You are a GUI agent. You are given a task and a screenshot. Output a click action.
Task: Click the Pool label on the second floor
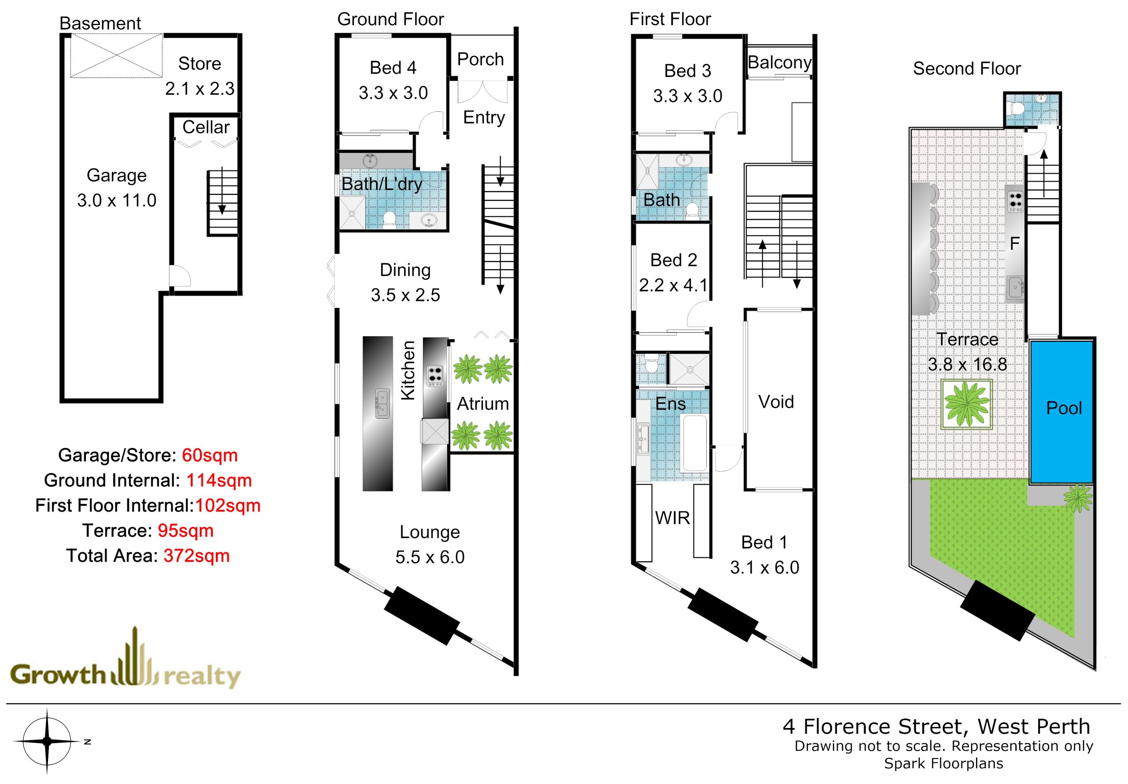coord(1064,408)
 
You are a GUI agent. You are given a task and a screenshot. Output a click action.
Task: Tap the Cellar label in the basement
coord(206,127)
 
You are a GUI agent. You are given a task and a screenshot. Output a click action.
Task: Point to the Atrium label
coord(483,404)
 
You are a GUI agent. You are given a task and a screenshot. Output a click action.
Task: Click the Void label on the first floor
coord(776,402)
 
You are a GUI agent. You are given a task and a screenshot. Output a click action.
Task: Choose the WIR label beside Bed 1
coord(672,518)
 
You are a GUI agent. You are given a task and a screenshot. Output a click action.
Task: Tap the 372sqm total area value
coord(197,556)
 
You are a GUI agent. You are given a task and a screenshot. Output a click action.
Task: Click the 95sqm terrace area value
coord(186,531)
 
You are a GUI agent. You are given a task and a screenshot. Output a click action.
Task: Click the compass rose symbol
coord(47,741)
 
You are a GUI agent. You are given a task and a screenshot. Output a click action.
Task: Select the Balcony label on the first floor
coord(779,63)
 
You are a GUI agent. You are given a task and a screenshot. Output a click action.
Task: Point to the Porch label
coord(480,59)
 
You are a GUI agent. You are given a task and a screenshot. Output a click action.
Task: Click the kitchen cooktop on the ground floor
coord(435,375)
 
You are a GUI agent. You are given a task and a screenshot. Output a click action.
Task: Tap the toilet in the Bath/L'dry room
coord(390,219)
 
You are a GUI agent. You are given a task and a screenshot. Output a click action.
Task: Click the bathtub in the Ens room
coord(694,444)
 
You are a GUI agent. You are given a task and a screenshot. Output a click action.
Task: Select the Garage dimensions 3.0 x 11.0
coord(117,201)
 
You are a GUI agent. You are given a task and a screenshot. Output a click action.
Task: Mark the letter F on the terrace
coord(1015,244)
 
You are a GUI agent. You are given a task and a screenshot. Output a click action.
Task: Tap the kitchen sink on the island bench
coord(382,404)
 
